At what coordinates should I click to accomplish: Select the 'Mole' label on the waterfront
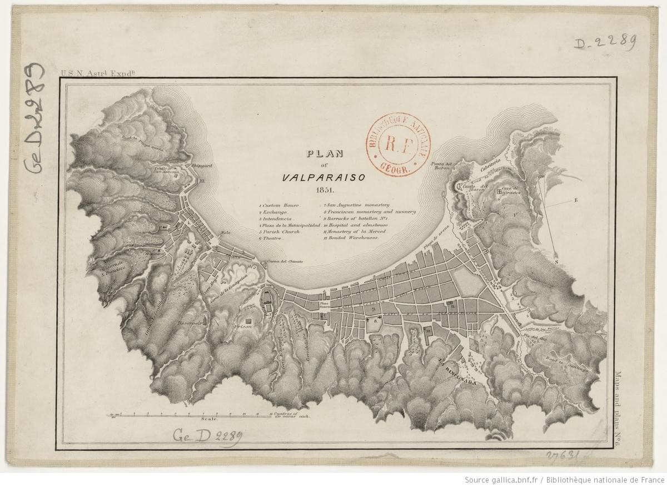pyautogui.click(x=225, y=232)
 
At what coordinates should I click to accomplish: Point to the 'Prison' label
pyautogui.click(x=245, y=327)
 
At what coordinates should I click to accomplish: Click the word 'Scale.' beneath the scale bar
pyautogui.click(x=208, y=421)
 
